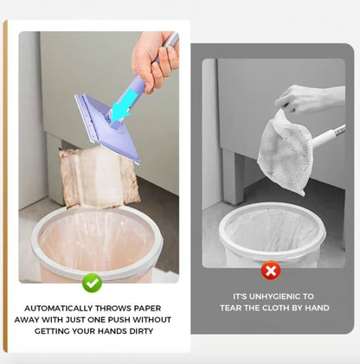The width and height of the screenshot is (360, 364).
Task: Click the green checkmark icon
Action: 92,284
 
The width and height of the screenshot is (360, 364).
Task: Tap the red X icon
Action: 271,271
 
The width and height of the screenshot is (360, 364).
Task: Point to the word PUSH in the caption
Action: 119,320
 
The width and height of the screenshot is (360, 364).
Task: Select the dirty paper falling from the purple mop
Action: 97,177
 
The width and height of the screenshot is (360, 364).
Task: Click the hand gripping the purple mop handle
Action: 153,62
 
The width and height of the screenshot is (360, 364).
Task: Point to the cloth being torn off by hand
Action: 284,151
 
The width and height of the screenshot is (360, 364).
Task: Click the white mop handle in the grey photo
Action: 328,136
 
